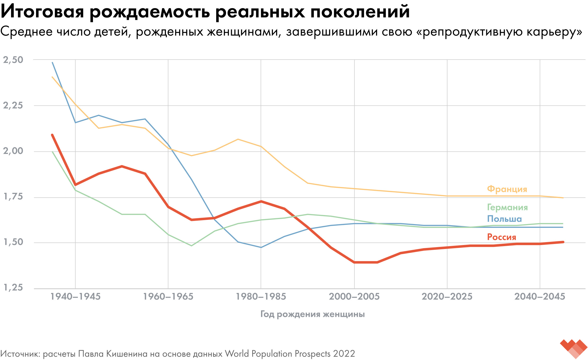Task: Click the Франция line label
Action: pos(507,189)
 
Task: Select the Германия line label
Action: pos(507,207)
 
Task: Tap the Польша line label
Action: pos(505,219)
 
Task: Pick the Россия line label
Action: pos(502,237)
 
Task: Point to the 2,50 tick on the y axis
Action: pos(13,60)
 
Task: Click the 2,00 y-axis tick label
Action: pos(13,151)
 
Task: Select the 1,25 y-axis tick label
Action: pos(13,287)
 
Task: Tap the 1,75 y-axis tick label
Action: pos(13,197)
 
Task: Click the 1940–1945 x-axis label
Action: pos(76,296)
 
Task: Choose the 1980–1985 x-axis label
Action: pos(261,296)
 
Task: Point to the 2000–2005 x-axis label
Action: pos(354,296)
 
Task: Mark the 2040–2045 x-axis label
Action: pos(540,296)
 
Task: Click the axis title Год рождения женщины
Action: pos(313,314)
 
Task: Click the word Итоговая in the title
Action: pos(42,12)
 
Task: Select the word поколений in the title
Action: pos(360,12)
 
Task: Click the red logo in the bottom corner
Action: pos(574,348)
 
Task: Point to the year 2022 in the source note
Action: pos(344,354)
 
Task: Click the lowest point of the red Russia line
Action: pos(366,262)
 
